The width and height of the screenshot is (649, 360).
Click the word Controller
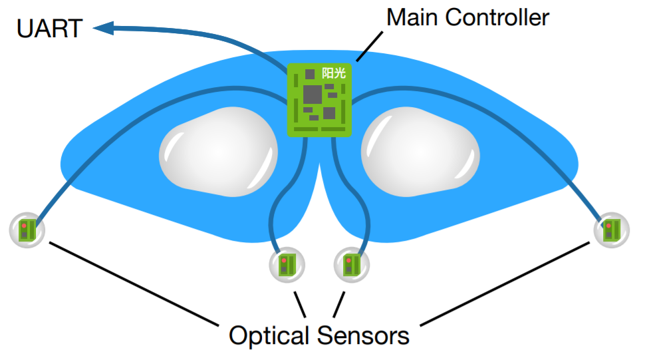point(497,17)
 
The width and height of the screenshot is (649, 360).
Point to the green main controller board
point(319,99)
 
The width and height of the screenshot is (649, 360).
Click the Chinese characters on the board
point(334,74)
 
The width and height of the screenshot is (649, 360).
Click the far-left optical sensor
point(27,230)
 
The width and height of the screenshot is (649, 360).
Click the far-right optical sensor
point(611,230)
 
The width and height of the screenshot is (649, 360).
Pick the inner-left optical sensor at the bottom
point(287,264)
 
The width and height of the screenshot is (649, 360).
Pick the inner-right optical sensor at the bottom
point(350,264)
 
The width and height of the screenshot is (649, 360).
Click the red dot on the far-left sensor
point(24,226)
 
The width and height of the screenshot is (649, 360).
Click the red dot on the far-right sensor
point(608,226)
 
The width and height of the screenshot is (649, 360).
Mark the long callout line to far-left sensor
point(133,284)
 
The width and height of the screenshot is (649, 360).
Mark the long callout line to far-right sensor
point(505,284)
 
